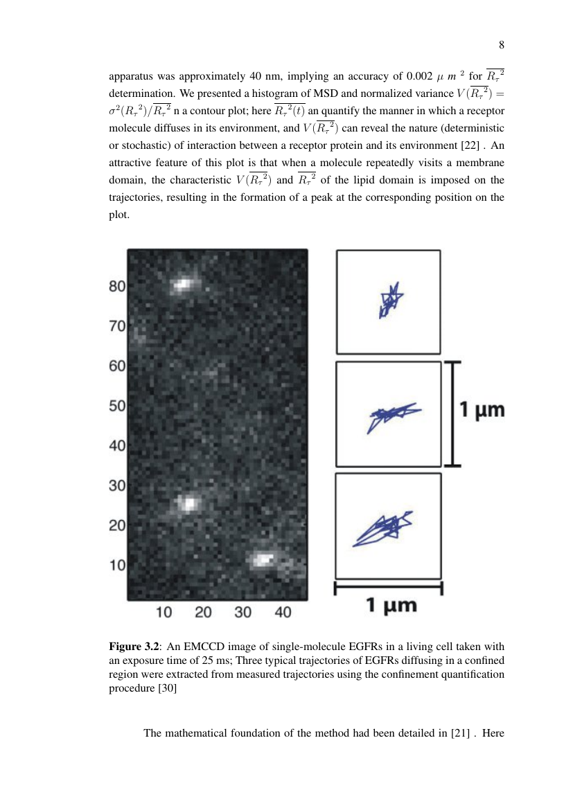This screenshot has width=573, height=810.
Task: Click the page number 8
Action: pos(501,46)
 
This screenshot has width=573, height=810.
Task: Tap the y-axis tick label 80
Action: pos(116,287)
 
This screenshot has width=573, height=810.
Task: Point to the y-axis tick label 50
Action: pos(116,406)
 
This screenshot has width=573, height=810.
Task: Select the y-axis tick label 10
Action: pos(116,566)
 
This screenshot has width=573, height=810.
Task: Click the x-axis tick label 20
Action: pos(203,612)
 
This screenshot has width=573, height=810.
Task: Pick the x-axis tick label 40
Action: pos(283,612)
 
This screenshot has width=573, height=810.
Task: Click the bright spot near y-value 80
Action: pos(184,284)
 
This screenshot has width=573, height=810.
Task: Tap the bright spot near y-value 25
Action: pos(186,503)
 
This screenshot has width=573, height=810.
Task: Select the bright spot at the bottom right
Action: pos(264,559)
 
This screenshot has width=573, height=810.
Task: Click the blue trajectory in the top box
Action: pos(390,300)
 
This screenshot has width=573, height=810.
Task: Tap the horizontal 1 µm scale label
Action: pos(391,606)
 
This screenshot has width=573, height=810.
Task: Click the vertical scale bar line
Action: pos(452,413)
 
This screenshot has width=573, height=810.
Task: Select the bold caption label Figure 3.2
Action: pos(134,647)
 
